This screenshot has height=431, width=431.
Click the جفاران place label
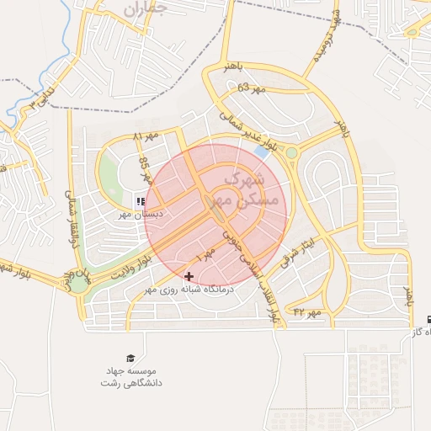pos(145,9)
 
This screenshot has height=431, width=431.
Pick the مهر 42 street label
pos(308,312)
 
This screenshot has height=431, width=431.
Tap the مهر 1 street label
pos(205,251)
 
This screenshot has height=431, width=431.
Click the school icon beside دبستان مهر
pos(141,201)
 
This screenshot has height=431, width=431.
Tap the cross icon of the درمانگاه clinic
pos(189,275)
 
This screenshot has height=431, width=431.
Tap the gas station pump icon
pos(430,320)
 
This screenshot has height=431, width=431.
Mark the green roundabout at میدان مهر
pos(78,284)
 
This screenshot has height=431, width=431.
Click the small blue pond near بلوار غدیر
pos(262,152)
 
